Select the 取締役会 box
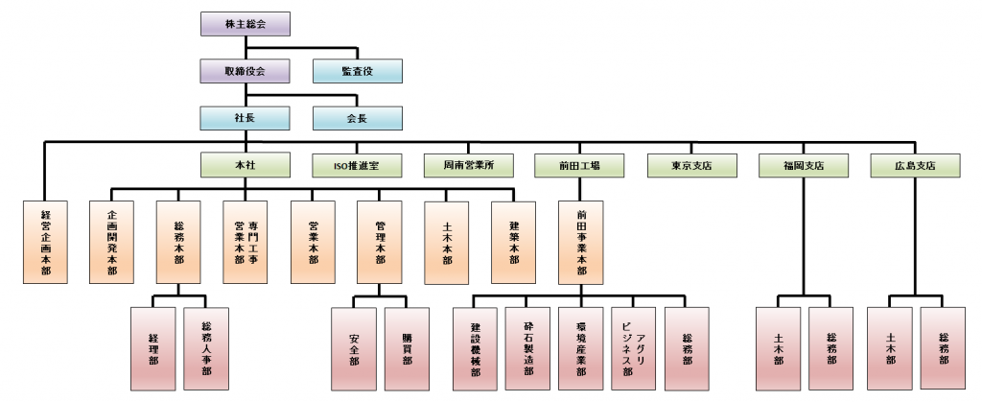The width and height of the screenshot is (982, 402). (x=245, y=71)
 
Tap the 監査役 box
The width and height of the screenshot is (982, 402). (x=358, y=71)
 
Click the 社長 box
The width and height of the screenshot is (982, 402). (x=245, y=117)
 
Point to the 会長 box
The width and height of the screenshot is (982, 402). (x=358, y=117)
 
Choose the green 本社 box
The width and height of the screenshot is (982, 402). (x=245, y=165)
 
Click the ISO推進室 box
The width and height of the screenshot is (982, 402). (x=358, y=165)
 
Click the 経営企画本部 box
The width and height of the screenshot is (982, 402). (x=46, y=241)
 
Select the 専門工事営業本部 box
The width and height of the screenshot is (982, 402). (x=245, y=241)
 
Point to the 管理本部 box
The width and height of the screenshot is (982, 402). (x=380, y=241)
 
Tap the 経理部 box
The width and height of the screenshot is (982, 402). (x=153, y=347)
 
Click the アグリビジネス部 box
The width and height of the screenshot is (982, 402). (x=634, y=347)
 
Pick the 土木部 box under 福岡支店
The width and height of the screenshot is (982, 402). (x=778, y=347)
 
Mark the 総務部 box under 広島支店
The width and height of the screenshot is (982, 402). (x=944, y=347)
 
